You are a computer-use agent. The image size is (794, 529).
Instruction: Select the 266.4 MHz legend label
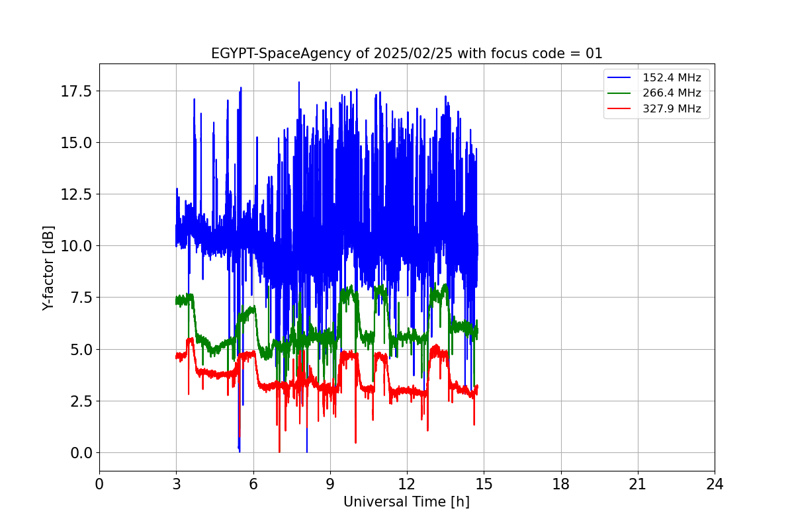pyautogui.click(x=672, y=94)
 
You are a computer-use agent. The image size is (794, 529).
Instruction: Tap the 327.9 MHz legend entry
pyautogui.click(x=672, y=109)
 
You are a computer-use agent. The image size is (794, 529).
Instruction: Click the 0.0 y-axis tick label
pyautogui.click(x=83, y=453)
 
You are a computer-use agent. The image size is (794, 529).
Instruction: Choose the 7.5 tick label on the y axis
pyautogui.click(x=83, y=298)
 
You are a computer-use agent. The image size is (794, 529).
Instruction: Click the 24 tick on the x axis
pyautogui.click(x=715, y=484)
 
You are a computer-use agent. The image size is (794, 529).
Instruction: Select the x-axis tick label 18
pyautogui.click(x=561, y=484)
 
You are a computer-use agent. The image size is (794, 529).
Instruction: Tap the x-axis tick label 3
pyautogui.click(x=177, y=484)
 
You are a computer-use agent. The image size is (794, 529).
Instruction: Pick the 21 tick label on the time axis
pyautogui.click(x=638, y=484)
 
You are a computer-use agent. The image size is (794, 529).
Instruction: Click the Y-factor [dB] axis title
pyautogui.click(x=48, y=268)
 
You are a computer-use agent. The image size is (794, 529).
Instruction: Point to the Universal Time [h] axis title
pyautogui.click(x=406, y=502)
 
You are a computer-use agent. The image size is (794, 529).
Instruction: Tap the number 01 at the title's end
pyautogui.click(x=594, y=54)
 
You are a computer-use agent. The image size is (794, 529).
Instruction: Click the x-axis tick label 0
pyautogui.click(x=99, y=484)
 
